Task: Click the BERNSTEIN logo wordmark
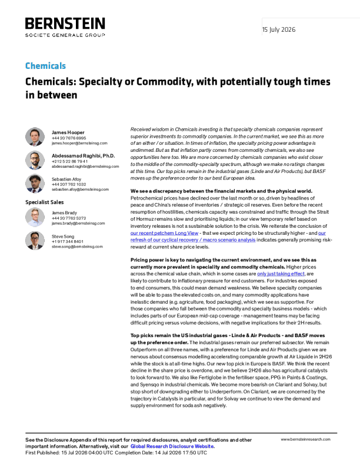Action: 65,24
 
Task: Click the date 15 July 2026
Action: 279,29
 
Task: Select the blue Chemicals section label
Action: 45,66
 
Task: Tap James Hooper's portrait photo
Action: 35,137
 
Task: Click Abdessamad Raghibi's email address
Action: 85,167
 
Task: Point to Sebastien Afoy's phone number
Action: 69,184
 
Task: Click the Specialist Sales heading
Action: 45,202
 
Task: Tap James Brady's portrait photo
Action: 35,217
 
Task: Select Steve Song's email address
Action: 77,247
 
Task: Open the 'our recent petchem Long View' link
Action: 164,233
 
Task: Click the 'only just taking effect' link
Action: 281,274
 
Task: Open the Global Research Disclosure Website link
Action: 172,447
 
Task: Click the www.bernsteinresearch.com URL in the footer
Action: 306,440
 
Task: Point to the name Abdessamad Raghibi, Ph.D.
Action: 83,156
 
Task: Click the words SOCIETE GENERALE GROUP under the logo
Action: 65,35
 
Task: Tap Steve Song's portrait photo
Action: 35,241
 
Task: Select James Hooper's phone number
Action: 69,138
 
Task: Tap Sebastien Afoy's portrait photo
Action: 35,184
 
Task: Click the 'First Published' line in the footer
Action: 116,452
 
